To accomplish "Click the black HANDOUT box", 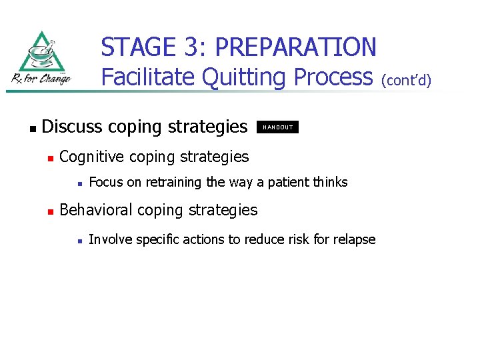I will (x=278, y=127).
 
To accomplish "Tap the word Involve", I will (x=109, y=239).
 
